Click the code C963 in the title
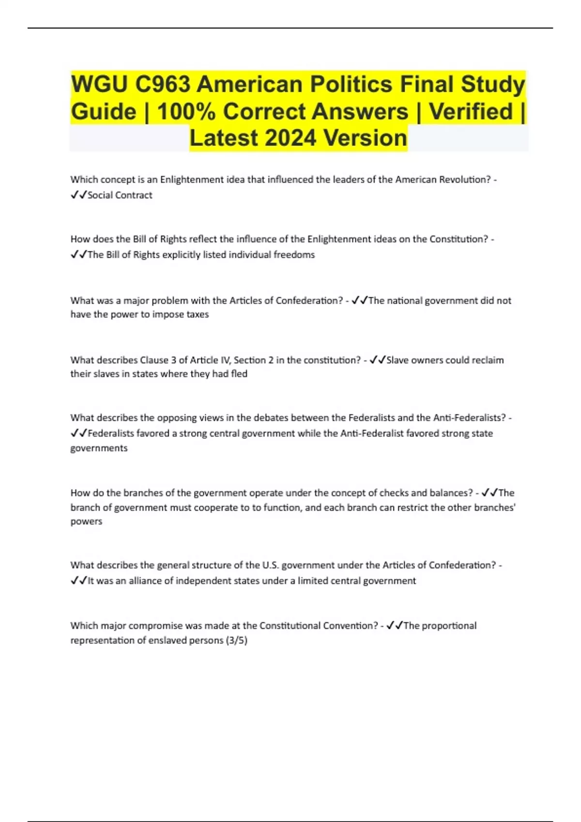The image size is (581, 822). point(163,85)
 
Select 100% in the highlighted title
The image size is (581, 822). point(186,112)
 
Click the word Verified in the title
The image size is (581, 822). point(471,112)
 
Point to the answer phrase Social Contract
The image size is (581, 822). point(120,195)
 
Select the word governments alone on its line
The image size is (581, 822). point(99,448)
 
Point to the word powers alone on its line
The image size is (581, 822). point(86,521)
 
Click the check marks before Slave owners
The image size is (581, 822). point(377,360)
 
